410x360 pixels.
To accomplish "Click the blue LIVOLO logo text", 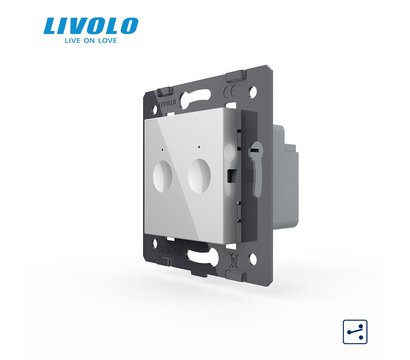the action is click(x=91, y=26).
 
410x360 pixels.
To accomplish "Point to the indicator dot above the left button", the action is click(x=162, y=150).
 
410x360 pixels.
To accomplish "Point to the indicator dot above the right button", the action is click(x=199, y=146).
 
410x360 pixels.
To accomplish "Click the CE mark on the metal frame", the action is click(x=230, y=91).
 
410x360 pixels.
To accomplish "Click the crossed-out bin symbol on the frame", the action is click(x=234, y=258).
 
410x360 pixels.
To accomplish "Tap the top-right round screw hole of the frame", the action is click(x=253, y=91).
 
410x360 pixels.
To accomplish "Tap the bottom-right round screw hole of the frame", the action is click(x=253, y=259).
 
